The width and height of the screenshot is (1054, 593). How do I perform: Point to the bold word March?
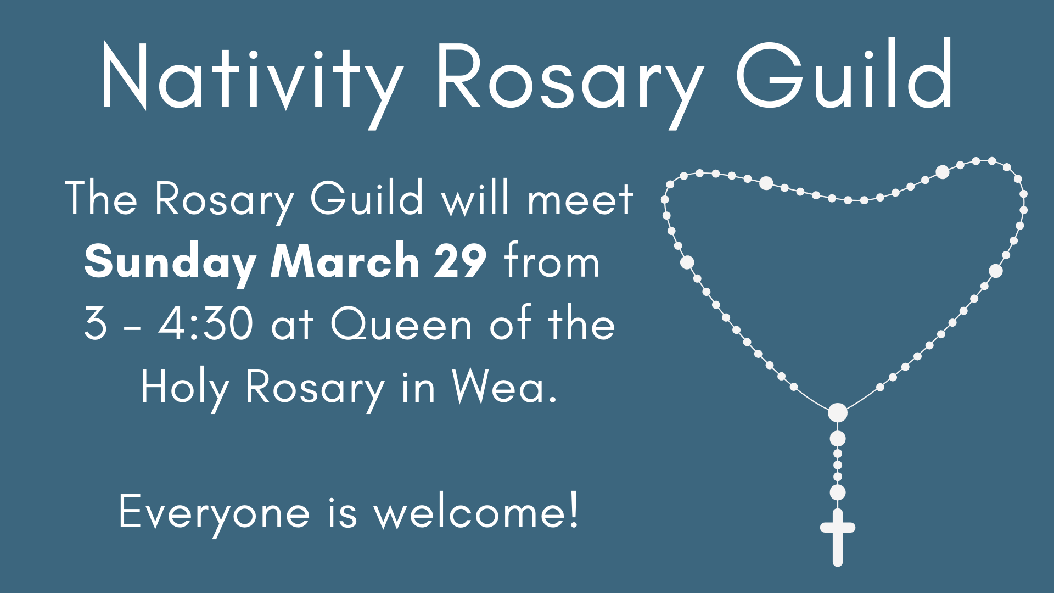(345, 260)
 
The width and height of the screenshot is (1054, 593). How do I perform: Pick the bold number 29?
(460, 261)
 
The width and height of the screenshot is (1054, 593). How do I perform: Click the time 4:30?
(206, 323)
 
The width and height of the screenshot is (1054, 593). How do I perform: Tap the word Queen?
(401, 325)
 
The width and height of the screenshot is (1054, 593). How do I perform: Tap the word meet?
(580, 199)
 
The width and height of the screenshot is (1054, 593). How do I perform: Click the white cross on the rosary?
(838, 537)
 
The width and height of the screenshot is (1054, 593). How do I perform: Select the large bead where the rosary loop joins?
(838, 412)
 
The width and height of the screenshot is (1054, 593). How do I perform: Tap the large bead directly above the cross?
(838, 493)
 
